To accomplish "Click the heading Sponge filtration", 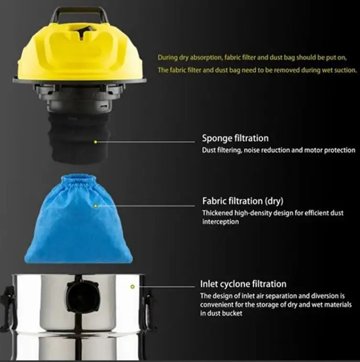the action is (x=235, y=138).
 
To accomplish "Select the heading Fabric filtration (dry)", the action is (x=242, y=201).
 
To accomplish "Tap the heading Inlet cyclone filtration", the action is (x=243, y=284).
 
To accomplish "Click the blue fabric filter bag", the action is (x=79, y=219).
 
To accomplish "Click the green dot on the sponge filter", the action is (x=96, y=142).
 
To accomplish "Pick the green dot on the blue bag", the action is (x=96, y=206).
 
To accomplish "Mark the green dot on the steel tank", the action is (x=132, y=286).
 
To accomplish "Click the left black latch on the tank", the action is (x=8, y=307).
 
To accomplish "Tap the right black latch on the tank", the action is (x=149, y=307).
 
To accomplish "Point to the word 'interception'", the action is (x=220, y=222).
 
